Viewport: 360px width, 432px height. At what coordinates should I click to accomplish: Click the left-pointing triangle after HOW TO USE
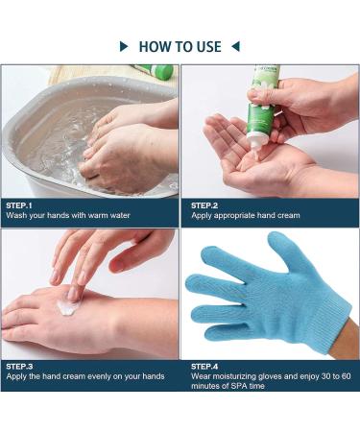[x=235, y=45]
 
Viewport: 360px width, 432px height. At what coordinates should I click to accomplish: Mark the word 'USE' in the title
[x=206, y=45]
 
